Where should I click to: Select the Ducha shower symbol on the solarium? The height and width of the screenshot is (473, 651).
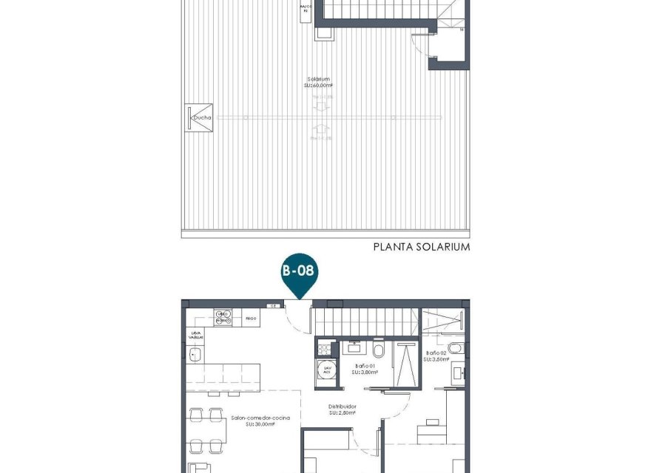point(200,118)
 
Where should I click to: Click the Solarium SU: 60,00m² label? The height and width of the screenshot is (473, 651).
point(319,82)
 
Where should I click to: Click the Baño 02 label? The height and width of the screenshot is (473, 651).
point(436,354)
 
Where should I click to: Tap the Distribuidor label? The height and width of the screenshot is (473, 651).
point(343,409)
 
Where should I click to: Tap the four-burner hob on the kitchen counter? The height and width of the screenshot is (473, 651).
point(223,317)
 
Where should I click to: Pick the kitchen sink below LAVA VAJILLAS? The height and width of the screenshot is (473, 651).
point(195,355)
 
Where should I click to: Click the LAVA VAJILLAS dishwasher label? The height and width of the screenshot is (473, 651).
point(195,335)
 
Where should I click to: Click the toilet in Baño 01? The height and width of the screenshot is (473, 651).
point(379,349)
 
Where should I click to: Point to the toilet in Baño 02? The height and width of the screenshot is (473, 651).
point(456,348)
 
